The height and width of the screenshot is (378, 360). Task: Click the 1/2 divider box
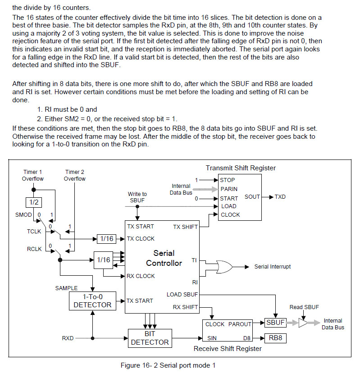[x=33, y=202]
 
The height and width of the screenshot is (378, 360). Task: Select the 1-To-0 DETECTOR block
[x=92, y=301]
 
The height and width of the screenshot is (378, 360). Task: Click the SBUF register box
[x=275, y=323]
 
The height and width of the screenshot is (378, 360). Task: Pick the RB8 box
[x=275, y=337]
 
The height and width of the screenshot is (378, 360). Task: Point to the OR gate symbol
[x=224, y=266]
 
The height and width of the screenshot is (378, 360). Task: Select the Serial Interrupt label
[x=273, y=267]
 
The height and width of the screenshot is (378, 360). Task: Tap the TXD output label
[x=280, y=197]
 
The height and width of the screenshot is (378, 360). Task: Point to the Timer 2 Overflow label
[x=75, y=175]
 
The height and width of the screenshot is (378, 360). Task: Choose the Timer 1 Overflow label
[x=33, y=175]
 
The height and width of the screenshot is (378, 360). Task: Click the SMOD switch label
[x=24, y=215]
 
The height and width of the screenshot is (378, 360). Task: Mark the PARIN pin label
[x=229, y=189]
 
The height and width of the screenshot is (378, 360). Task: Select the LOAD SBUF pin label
[x=182, y=295]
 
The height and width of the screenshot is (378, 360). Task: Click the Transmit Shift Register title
[x=241, y=168]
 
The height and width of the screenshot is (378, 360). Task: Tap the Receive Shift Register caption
[x=228, y=348]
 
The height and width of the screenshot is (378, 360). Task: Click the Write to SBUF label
[x=137, y=197]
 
